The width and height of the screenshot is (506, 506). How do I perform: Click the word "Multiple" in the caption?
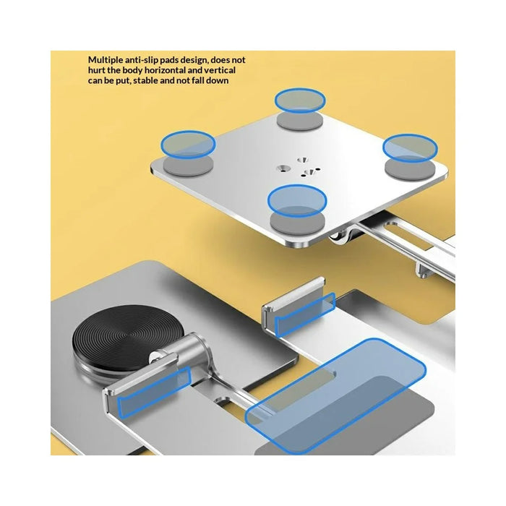coord(106,60)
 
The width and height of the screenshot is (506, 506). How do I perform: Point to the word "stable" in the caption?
coord(145,80)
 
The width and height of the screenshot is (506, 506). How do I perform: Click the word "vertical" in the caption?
coord(220,70)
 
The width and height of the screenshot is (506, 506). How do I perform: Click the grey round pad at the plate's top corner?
coord(300,121)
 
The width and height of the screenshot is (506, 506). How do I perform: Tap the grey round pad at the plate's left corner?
coord(188,166)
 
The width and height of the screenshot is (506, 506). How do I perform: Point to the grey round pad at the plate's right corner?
coord(410,168)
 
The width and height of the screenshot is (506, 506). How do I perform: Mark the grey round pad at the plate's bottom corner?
coord(297,223)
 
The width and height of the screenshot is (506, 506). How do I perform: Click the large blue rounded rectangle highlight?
coord(335,396)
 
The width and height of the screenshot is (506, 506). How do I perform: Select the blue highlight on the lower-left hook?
coord(153,393)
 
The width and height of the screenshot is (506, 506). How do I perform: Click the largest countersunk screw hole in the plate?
coord(283,168)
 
